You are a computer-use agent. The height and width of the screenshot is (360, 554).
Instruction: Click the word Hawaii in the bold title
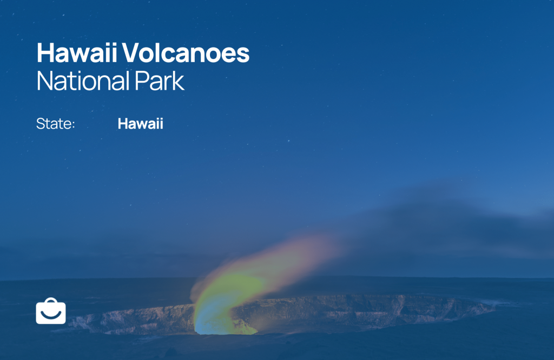[x=77, y=52]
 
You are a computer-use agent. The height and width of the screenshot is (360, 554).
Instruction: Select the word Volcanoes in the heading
[x=186, y=53]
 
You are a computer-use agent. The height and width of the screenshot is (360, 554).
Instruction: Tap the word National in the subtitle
[x=83, y=81]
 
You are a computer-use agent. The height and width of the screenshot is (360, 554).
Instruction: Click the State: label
[x=56, y=124]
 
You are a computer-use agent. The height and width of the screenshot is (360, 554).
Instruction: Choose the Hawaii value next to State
[x=140, y=124]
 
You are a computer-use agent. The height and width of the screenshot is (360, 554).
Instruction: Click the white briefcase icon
[x=51, y=311]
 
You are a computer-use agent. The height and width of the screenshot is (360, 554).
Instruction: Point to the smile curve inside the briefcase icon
[x=51, y=314]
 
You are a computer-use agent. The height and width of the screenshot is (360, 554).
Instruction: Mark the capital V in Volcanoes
[x=132, y=53]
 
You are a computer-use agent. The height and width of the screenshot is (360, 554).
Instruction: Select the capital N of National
[x=45, y=81]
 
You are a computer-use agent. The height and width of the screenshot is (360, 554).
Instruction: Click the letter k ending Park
[x=178, y=81]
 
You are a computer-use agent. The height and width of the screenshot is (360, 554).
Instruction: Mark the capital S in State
[x=41, y=124]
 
